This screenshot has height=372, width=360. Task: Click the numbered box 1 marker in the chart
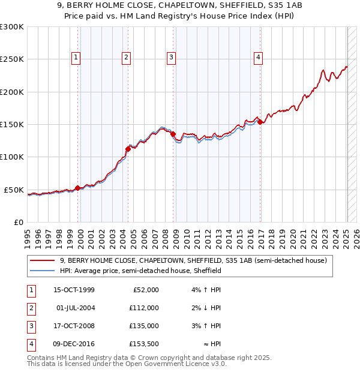coord(77,58)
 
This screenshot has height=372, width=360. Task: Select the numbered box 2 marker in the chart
coord(127,58)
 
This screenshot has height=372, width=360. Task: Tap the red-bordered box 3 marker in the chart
coord(171,58)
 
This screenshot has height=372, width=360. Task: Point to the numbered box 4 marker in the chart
coord(258,58)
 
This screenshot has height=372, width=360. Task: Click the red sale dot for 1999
coord(77,188)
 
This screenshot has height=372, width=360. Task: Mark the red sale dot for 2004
coord(127,149)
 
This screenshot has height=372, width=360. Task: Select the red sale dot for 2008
coord(173,134)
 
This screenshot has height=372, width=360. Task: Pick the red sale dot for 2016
coord(260,122)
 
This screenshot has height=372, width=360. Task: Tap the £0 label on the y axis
coord(19,222)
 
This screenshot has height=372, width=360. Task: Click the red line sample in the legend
coord(43,260)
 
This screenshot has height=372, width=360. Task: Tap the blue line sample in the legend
coord(43,271)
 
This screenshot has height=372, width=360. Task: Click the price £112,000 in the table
coord(144,308)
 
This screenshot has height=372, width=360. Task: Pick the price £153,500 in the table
coord(144,344)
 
